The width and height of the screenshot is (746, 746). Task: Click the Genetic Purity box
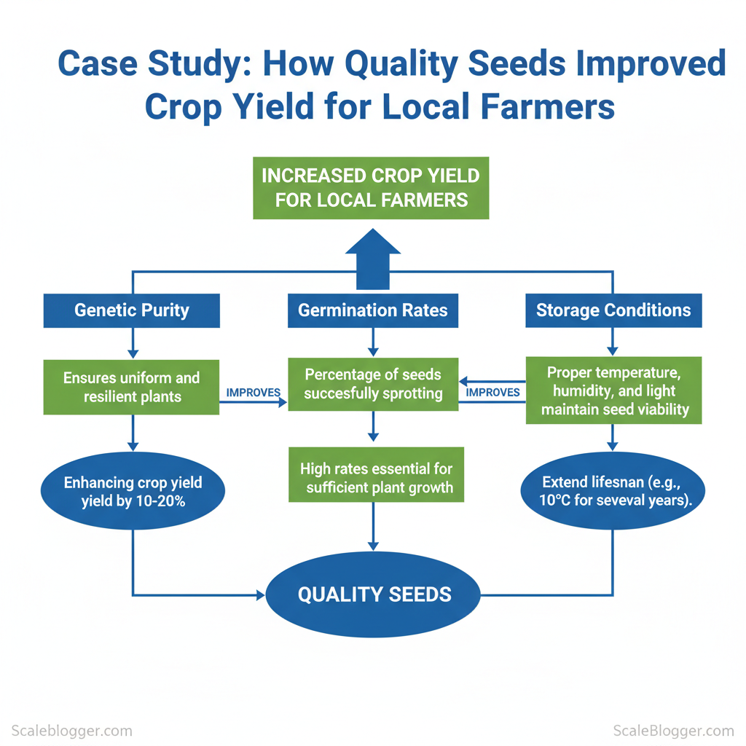[131, 310]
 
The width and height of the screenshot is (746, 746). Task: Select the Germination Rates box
[372, 310]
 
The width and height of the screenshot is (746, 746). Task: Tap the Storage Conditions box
[613, 310]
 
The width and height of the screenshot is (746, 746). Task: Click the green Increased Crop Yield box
[371, 188]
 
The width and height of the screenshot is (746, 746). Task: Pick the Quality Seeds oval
[373, 594]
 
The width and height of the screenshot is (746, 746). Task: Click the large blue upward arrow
[373, 259]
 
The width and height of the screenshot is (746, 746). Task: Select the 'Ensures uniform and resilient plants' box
[131, 387]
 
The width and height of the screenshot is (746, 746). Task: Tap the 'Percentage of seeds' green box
[373, 384]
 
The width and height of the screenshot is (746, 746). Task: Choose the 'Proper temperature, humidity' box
[613, 390]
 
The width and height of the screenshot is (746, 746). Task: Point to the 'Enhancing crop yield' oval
[133, 492]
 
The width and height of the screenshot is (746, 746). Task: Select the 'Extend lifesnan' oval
[613, 492]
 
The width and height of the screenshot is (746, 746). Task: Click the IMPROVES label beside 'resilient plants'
[254, 393]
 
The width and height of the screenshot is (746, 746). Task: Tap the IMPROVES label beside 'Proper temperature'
[492, 393]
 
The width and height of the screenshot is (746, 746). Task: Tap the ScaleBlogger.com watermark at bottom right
[674, 730]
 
